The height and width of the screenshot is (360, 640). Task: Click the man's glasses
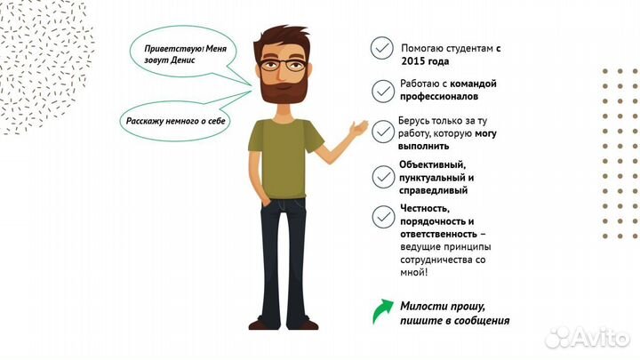tap(284, 65)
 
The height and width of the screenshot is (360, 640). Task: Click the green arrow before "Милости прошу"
tap(381, 312)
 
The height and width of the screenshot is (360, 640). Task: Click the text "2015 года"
tap(425, 62)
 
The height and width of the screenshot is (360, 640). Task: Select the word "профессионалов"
tap(439, 96)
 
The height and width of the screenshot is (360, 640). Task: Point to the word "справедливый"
tap(434, 189)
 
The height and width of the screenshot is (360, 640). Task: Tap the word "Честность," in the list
tap(426, 207)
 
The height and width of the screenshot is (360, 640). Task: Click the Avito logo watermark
tap(587, 337)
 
